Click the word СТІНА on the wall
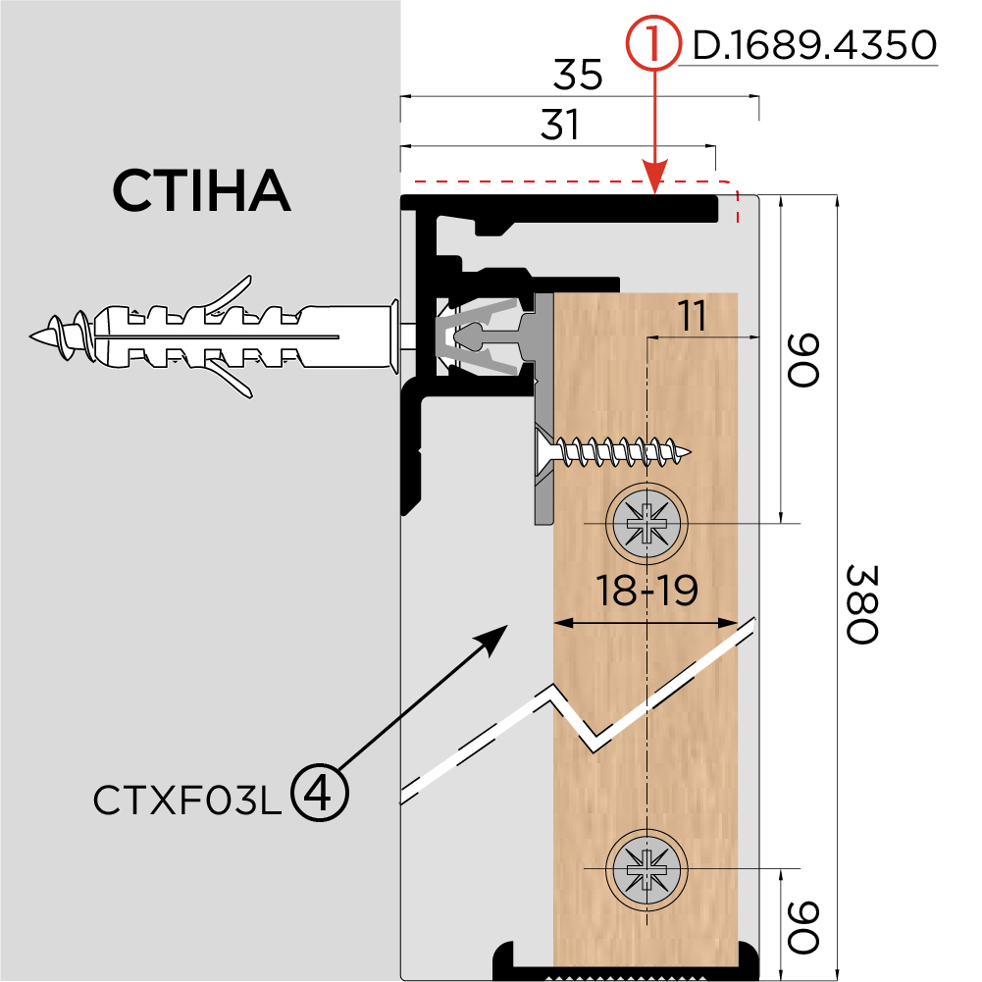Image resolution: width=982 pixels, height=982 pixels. pos(200,190)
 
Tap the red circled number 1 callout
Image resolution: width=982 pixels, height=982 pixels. pos(653,45)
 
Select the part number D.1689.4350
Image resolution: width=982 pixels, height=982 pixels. pos(813,45)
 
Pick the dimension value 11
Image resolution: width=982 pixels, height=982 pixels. pos(692,317)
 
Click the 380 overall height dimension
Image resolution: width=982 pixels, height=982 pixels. pos(859,603)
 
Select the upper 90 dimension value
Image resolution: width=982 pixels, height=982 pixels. pos(803,360)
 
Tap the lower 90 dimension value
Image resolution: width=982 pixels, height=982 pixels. pos(803,927)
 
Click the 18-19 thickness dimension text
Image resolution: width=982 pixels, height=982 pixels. pos(646,591)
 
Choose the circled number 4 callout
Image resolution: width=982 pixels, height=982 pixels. pos(321,793)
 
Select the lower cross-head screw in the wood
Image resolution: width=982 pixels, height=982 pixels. pos(646,868)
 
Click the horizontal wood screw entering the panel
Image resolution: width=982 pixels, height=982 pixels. pos(618,452)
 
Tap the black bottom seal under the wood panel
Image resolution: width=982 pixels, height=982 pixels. pos(627,960)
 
